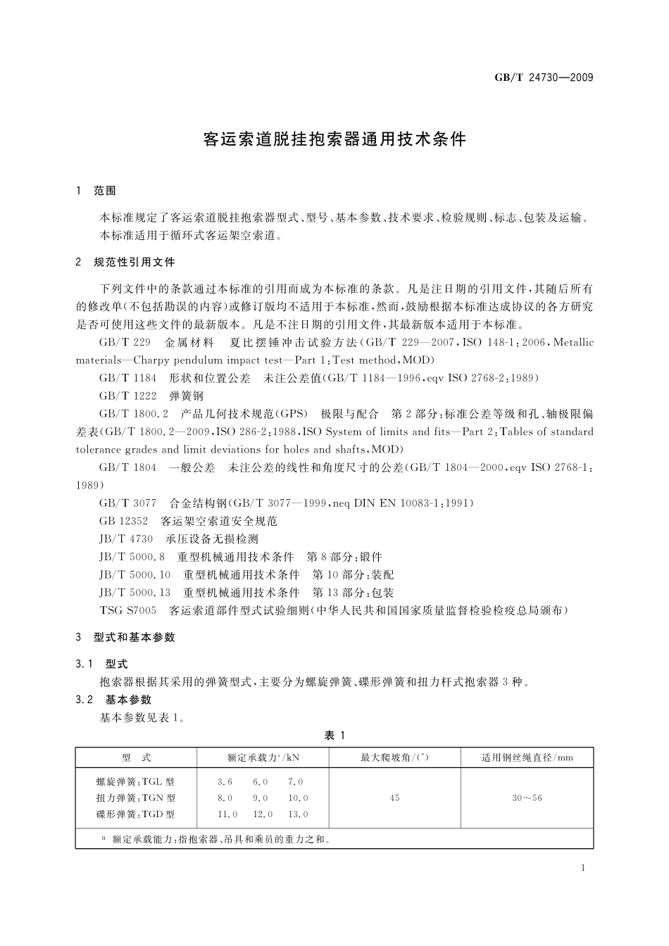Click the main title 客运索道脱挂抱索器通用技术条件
tap(334, 139)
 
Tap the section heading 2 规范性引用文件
tap(125, 262)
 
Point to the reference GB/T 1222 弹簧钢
tap(151, 396)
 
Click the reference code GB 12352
tap(124, 521)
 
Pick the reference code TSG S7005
tap(128, 610)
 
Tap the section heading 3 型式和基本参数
tap(125, 637)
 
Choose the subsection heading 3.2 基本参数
tap(113, 700)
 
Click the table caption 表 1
tap(334, 735)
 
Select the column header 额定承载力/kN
tap(263, 757)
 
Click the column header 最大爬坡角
tap(394, 757)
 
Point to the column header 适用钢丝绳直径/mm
tap(527, 757)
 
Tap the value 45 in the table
tap(394, 797)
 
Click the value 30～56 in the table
tap(527, 797)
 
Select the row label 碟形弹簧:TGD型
tap(135, 814)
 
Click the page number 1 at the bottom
tap(584, 869)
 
